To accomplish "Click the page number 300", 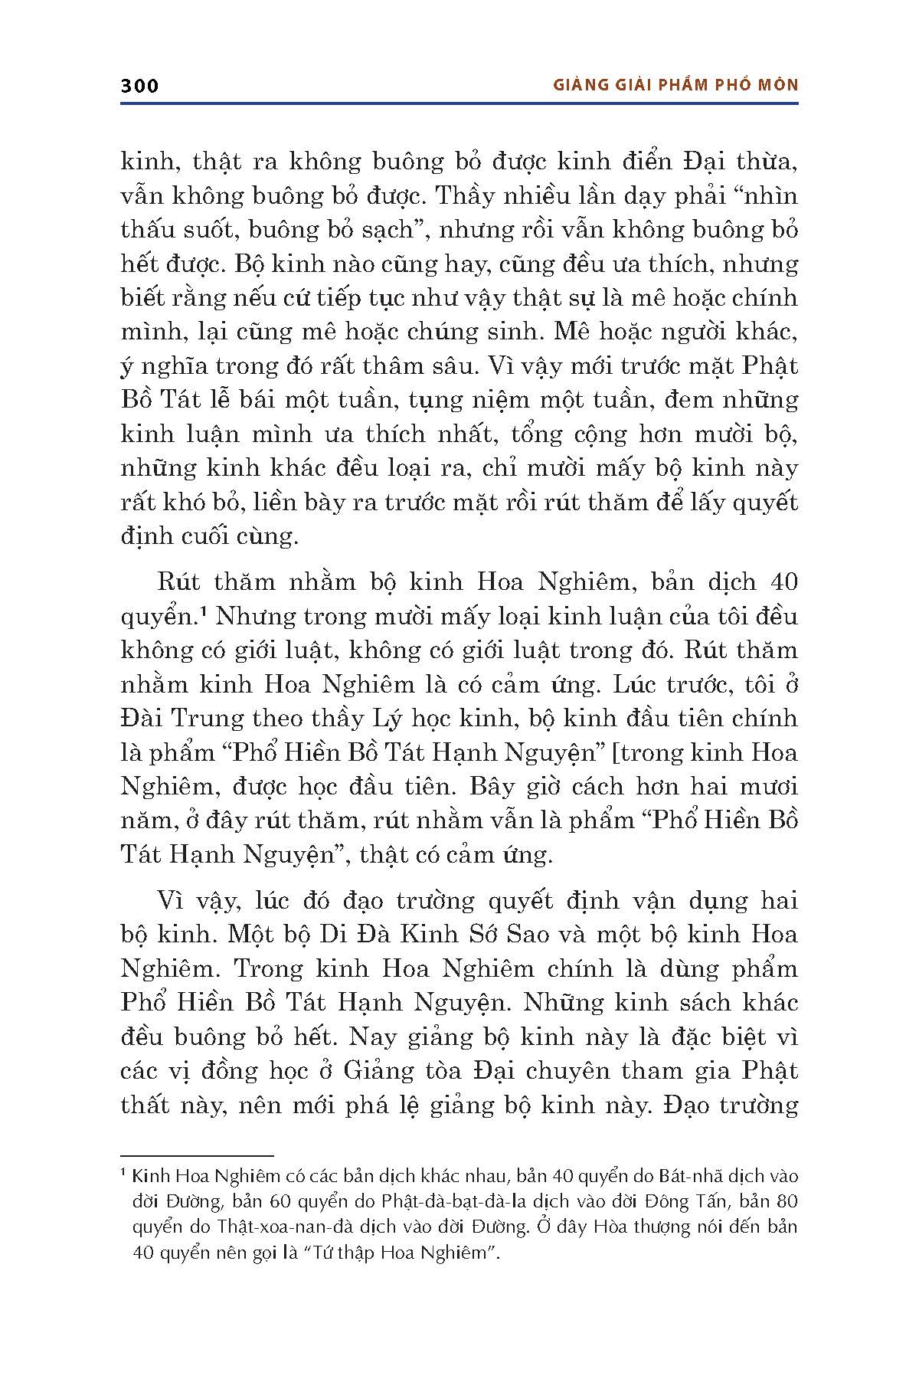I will point(139,85).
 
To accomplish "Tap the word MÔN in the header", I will point(777,85).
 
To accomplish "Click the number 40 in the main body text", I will point(780,581).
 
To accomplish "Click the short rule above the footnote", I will point(197,1155).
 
